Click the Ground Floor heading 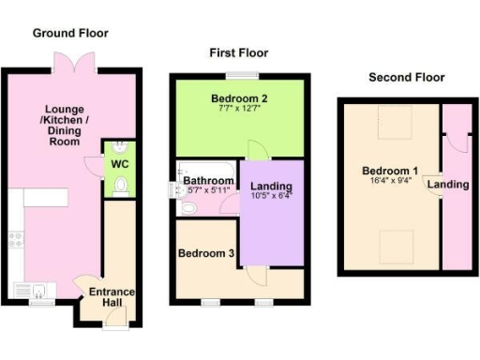(x=70, y=33)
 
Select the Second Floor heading (x=406, y=77)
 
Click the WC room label (x=119, y=164)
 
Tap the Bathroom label (x=208, y=179)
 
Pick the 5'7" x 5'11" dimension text (x=208, y=190)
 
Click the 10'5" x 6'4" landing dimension (x=272, y=196)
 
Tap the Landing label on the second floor (x=448, y=185)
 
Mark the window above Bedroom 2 (x=248, y=76)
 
